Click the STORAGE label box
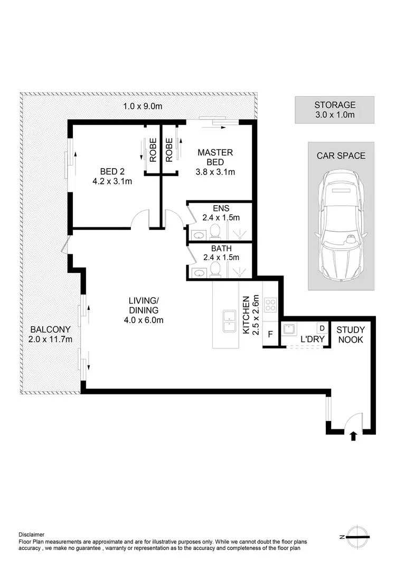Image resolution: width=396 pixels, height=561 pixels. (x=334, y=109)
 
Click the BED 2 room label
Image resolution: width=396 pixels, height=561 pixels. (x=111, y=176)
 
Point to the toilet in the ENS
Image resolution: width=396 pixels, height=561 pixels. (x=215, y=232)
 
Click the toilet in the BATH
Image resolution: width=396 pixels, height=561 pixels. (x=215, y=270)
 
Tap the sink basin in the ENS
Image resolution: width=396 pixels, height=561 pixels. (x=199, y=234)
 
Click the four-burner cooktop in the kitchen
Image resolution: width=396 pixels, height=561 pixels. (x=270, y=305)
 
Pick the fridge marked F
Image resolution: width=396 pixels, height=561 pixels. (x=270, y=335)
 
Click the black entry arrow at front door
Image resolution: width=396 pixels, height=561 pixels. (x=353, y=435)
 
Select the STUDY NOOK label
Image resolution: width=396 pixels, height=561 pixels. (x=350, y=335)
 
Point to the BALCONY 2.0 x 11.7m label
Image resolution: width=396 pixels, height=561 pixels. (x=50, y=334)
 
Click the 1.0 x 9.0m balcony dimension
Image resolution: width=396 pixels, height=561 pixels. (x=143, y=106)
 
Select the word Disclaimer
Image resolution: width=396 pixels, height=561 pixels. (x=32, y=535)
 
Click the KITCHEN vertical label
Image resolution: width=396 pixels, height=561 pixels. (x=246, y=315)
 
